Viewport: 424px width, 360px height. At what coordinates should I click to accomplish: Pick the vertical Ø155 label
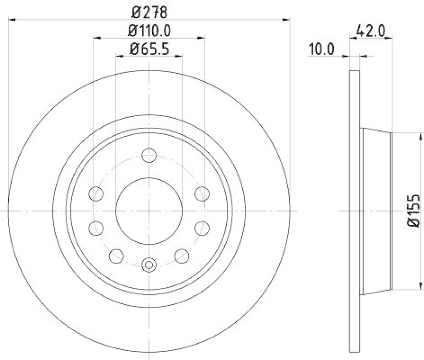414,211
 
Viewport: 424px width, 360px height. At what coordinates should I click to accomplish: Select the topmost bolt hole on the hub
149,156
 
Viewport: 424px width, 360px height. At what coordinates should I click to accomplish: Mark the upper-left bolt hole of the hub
96,194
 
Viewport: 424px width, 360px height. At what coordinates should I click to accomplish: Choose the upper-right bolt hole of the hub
201,194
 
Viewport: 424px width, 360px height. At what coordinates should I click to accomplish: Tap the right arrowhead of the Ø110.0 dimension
202,38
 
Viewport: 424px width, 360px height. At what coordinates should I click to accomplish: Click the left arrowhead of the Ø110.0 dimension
96,38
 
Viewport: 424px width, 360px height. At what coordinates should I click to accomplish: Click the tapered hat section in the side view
376,211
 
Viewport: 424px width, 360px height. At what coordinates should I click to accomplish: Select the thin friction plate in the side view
356,211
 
